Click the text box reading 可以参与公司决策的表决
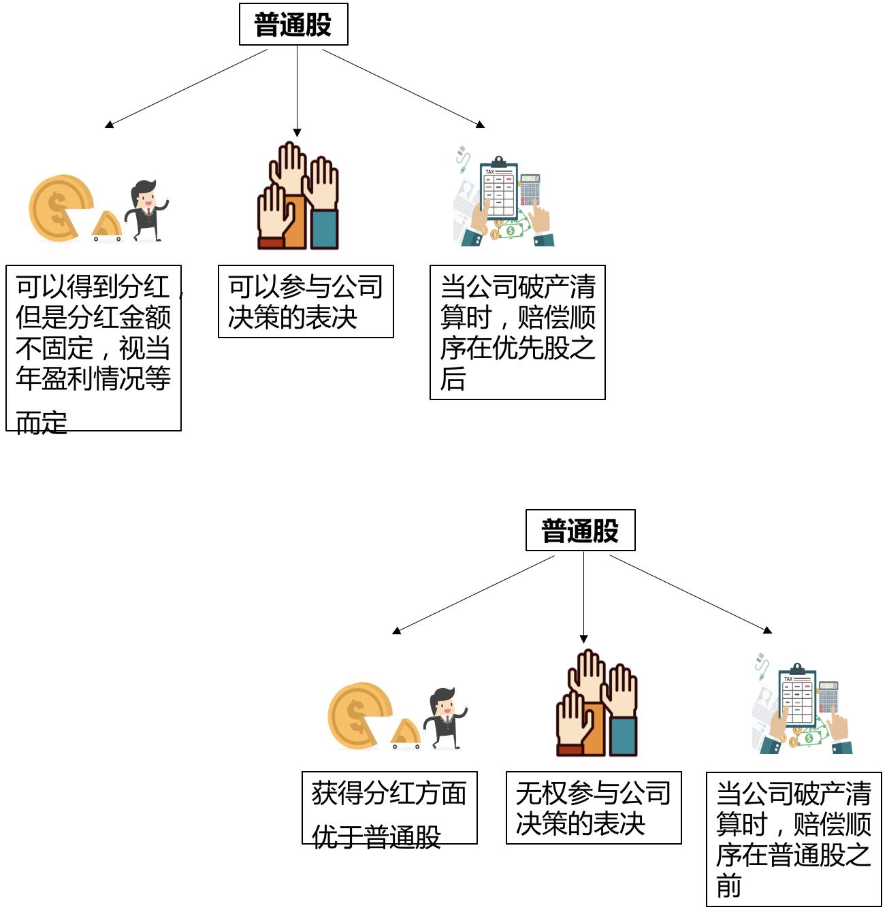pos(306,301)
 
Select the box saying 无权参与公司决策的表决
pos(593,808)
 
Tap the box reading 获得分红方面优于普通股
pos(389,808)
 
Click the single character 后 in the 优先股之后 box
pos(453,379)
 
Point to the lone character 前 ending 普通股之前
pos(729,886)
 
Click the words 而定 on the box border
pos(42,423)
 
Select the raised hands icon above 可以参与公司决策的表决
pos(298,197)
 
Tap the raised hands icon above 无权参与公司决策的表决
pos(597,704)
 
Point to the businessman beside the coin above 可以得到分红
pos(147,210)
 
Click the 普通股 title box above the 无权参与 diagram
pos(580,530)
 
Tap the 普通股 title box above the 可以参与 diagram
pos(293,24)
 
